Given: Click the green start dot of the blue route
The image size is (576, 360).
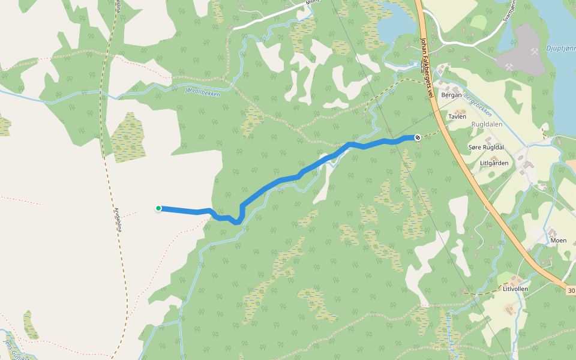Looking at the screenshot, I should (158, 208).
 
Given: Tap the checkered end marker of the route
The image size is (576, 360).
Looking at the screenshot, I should (417, 137).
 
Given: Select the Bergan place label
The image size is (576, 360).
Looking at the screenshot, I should (451, 95).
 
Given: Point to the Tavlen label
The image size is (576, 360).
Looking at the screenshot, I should (457, 116).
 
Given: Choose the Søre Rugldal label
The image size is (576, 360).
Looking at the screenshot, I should (485, 147).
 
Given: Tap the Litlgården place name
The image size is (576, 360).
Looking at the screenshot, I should (494, 163).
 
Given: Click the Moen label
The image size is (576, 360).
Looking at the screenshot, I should (558, 240).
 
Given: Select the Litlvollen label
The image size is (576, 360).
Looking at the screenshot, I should (515, 289).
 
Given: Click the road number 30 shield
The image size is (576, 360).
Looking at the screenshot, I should (570, 290).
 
